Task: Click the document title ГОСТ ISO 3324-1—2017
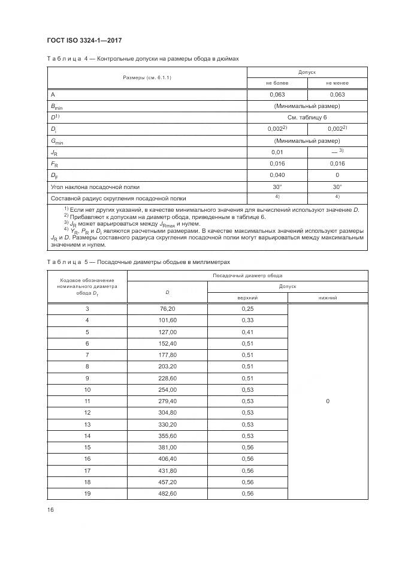point(84,40)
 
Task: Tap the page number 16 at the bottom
point(50,509)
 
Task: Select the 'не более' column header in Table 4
point(277,83)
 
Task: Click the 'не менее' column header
point(337,83)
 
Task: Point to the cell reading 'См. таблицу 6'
point(307,118)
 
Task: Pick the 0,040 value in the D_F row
point(277,175)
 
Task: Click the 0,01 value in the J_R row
point(277,152)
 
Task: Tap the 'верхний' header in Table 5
point(247,298)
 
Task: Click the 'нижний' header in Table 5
point(328,298)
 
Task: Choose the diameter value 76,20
point(168,309)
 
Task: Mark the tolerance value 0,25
point(247,309)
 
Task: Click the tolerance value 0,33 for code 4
point(247,320)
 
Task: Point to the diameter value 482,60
point(168,493)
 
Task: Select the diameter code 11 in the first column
point(87,401)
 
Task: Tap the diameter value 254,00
point(168,389)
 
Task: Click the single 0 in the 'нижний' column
point(328,401)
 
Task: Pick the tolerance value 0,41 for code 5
point(247,332)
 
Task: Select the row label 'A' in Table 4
point(53,95)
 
